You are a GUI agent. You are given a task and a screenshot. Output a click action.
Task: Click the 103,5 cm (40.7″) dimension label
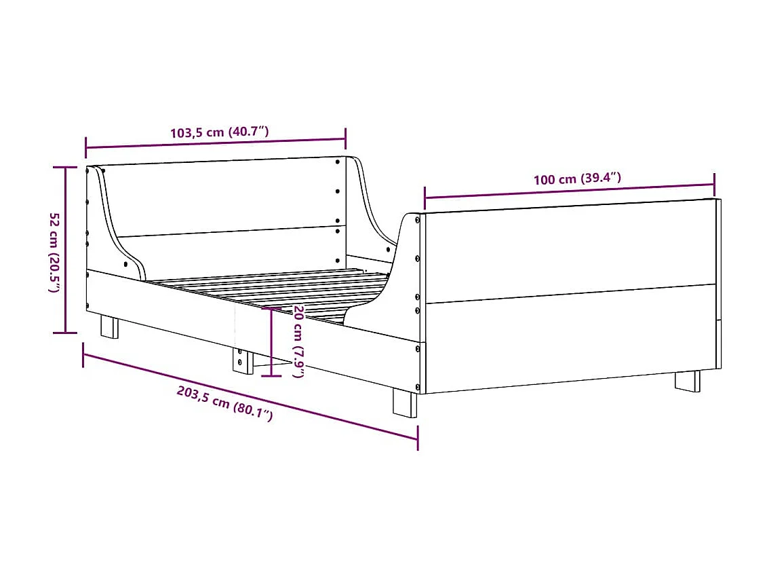219,132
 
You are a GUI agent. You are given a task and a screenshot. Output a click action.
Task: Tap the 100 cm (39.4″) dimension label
577,179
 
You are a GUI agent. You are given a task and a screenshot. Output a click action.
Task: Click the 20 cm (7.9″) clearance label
298,342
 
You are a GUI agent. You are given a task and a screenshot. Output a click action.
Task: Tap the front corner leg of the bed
405,402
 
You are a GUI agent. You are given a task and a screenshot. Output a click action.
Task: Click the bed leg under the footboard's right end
687,380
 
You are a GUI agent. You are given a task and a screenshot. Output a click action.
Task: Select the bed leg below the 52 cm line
109,326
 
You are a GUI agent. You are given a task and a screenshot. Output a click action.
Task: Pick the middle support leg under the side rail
241,360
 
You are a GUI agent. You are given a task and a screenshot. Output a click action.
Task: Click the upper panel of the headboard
224,197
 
